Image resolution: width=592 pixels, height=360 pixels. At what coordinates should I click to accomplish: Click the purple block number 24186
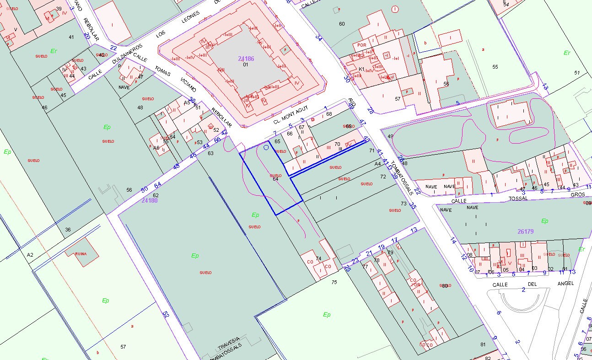point(246,59)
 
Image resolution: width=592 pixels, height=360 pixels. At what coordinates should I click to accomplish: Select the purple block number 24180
point(149,200)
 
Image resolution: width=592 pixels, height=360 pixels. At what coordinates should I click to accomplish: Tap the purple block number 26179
point(526,231)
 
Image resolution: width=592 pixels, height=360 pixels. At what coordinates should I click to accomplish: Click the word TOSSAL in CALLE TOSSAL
point(518,199)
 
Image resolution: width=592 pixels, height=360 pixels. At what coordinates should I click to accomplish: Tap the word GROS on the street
point(577,194)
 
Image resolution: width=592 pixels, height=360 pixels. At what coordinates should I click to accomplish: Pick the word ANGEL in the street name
point(565,284)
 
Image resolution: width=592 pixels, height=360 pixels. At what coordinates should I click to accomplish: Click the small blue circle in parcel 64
point(266,148)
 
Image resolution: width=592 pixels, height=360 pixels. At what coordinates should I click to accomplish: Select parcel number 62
point(156,195)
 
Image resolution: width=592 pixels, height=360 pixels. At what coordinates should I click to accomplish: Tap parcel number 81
point(483,344)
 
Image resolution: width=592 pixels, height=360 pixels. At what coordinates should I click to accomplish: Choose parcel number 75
point(334,282)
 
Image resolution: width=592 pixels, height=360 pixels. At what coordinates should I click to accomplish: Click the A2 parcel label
point(30,255)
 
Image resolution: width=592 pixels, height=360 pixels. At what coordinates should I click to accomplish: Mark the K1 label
point(361,70)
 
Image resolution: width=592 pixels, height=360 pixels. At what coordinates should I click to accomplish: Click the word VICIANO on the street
point(188,85)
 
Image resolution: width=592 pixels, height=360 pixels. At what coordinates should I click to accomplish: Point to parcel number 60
point(342,24)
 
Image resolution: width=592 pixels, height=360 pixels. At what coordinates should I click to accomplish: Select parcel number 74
point(318,258)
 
